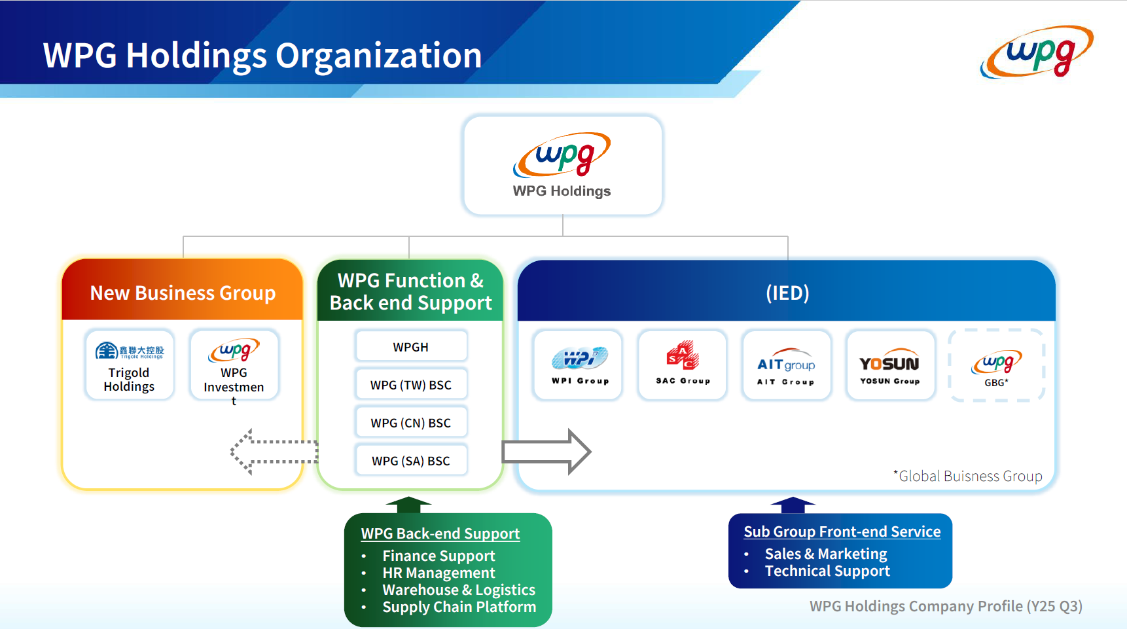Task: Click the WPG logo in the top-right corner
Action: [1037, 52]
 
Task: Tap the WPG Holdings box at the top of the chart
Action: [562, 166]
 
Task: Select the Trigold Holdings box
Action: [130, 365]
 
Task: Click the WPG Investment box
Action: [234, 365]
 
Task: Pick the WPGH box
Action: [411, 346]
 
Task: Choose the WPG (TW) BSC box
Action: [411, 384]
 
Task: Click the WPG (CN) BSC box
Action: [411, 422]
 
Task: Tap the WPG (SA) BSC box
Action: [411, 460]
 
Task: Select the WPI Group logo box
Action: [578, 365]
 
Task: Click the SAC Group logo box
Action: [682, 365]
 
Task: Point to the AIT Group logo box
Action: [786, 365]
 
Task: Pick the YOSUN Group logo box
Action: [890, 365]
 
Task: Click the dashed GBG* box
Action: [996, 365]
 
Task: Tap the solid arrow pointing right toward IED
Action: [546, 452]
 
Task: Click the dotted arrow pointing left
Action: [274, 452]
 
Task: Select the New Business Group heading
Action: [183, 293]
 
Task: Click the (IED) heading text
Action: [787, 293]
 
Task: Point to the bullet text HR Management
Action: [438, 573]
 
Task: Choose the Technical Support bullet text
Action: [827, 571]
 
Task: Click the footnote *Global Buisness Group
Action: [968, 476]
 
